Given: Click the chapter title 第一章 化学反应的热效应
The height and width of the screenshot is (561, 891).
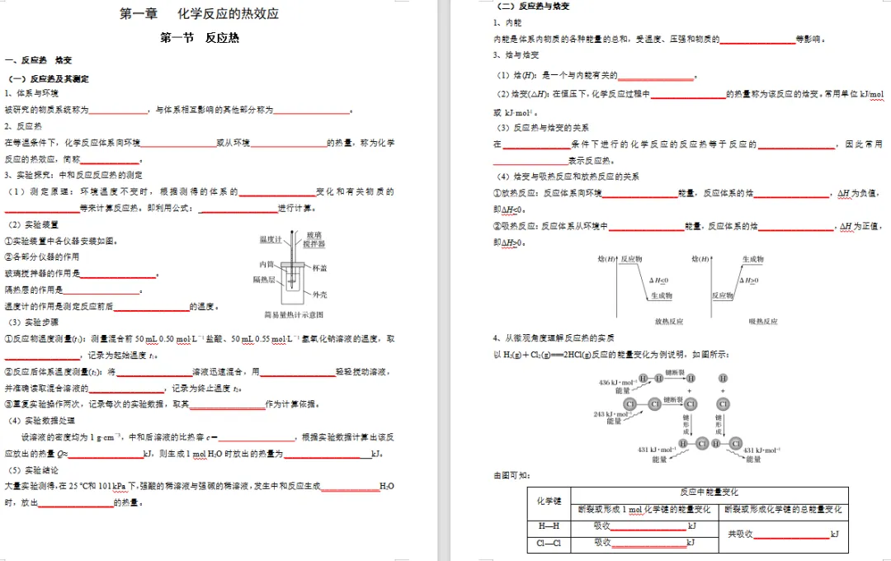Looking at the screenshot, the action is tap(199, 14).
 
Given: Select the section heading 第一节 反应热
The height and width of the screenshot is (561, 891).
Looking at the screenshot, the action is tap(199, 38).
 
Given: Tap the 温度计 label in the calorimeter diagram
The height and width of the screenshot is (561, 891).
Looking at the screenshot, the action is tap(271, 239).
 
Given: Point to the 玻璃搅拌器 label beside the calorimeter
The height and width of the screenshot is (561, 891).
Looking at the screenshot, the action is tap(313, 240).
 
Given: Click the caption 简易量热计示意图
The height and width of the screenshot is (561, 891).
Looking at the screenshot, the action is tap(293, 314).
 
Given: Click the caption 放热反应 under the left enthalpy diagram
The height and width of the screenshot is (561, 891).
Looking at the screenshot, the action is tap(669, 321).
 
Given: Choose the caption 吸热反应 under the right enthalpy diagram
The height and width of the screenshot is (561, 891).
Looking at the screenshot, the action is tap(762, 321).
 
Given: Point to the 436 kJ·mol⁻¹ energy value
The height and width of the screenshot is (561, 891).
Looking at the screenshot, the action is tap(616, 383).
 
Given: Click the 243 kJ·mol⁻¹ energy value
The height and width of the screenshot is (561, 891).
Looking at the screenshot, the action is tap(611, 414).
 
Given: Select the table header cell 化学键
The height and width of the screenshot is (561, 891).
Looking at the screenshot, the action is tap(549, 501).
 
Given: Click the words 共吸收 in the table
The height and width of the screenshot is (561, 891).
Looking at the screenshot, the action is tap(740, 535).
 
